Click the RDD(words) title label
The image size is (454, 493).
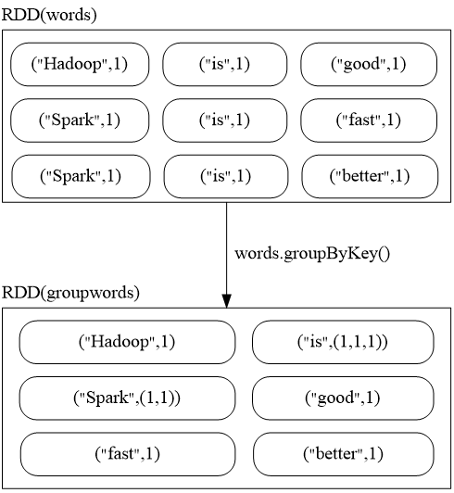click(x=49, y=15)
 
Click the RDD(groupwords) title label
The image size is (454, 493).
click(x=70, y=293)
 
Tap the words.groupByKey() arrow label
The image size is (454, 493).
click(x=312, y=254)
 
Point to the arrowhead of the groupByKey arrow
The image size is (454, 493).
click(x=226, y=301)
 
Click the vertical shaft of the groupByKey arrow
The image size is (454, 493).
click(x=226, y=248)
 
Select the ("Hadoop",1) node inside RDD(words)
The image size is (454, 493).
click(x=80, y=64)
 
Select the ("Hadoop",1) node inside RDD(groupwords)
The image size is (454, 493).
click(x=127, y=342)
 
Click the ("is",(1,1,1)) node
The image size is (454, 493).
click(x=343, y=342)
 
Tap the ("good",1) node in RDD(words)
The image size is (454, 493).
click(x=369, y=64)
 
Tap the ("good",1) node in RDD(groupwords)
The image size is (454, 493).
click(x=343, y=398)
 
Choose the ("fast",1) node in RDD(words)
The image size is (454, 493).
click(x=369, y=120)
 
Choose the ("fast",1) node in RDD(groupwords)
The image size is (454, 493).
click(x=127, y=454)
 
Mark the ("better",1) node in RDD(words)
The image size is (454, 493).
click(x=370, y=176)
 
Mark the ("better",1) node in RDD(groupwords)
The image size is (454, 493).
click(x=343, y=454)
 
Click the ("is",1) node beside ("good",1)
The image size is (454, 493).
click(x=224, y=64)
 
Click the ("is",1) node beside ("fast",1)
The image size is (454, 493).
click(x=224, y=120)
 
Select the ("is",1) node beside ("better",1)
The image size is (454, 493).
click(x=226, y=176)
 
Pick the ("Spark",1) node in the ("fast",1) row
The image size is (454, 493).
click(x=80, y=120)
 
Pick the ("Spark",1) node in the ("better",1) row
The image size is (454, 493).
click(x=81, y=176)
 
